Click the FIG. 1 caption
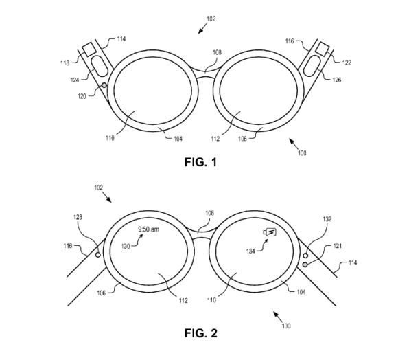coord(200,162)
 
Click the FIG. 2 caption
coord(201,333)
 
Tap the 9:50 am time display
coord(148,229)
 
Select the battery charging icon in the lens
coord(270,232)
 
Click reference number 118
coord(65,63)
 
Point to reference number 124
coord(75,80)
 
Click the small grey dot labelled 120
coord(104,85)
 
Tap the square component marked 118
coord(89,49)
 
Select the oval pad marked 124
coord(100,66)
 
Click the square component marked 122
coord(323,49)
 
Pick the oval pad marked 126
coord(312,66)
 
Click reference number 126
coord(337,80)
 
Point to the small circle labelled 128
coord(98,254)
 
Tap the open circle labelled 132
coord(305,256)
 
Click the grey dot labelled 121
coord(305,265)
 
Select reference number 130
coord(126,246)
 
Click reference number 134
coord(250,251)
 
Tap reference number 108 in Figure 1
coord(217,52)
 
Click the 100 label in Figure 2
coord(286,326)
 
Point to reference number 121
coord(337,246)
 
